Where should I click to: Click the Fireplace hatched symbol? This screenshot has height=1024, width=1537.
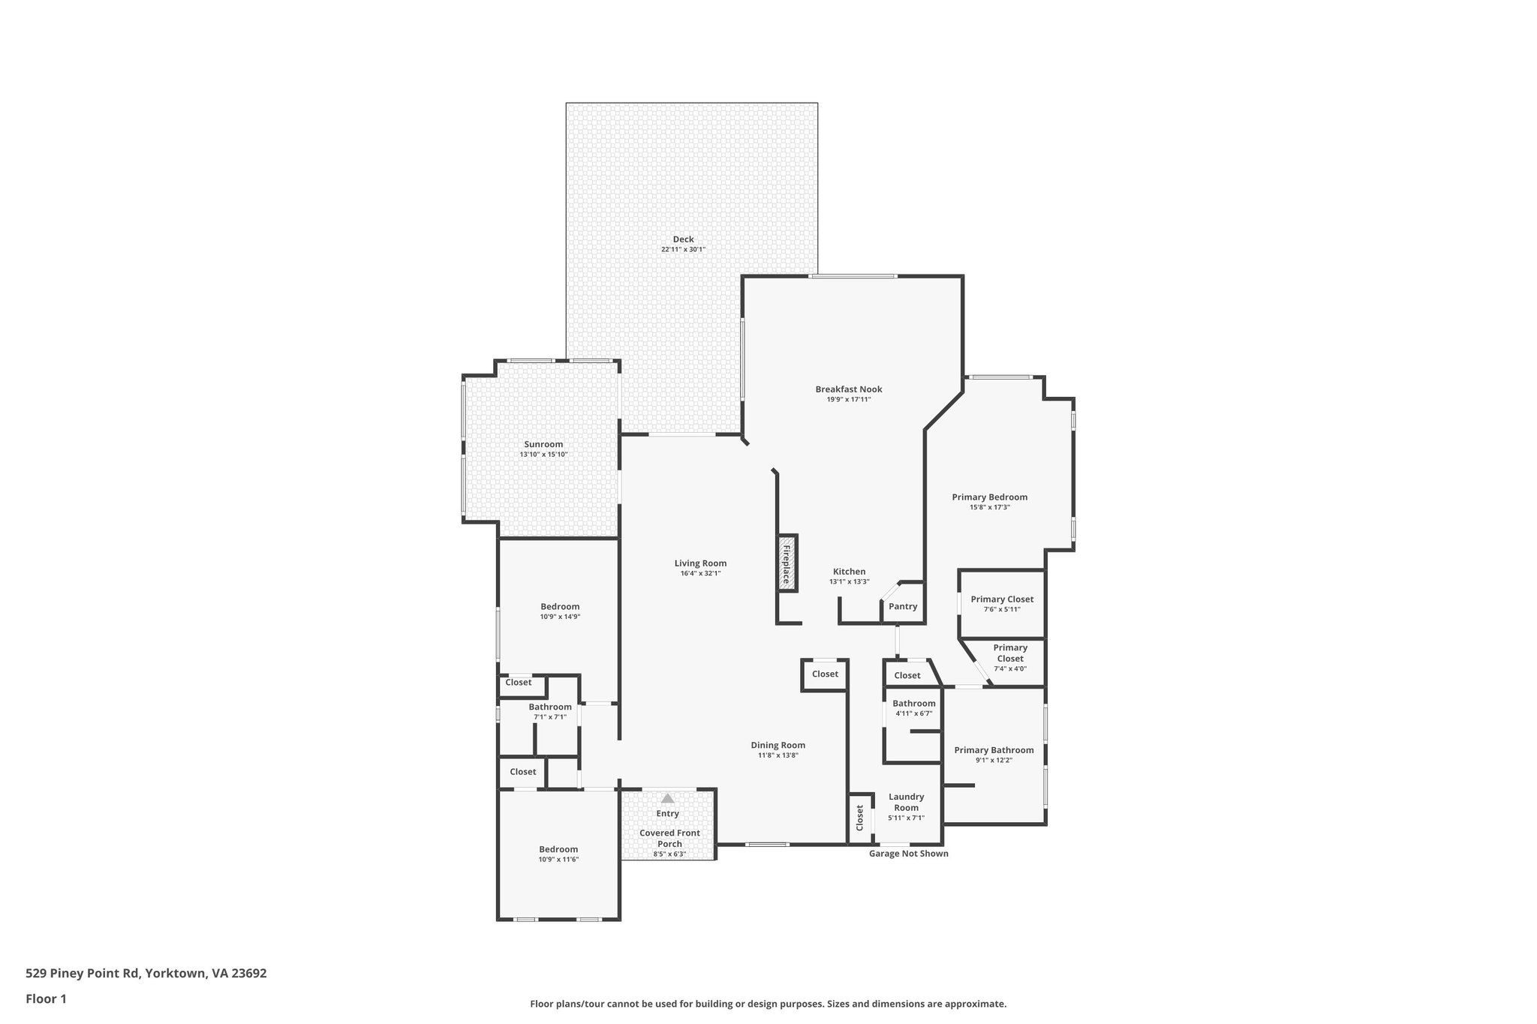coord(787,563)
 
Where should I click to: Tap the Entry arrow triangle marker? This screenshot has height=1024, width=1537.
coord(667,799)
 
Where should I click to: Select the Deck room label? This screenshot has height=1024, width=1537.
coord(683,239)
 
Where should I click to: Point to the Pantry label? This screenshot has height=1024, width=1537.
coord(903,606)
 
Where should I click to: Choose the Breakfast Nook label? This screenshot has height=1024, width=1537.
coord(849,389)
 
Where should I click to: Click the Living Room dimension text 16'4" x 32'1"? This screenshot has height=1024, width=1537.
coord(700,574)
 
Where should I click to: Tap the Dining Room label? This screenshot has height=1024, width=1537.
coord(778,745)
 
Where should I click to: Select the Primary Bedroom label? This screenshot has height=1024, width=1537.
coord(989,497)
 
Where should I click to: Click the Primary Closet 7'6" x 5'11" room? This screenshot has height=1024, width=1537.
coord(1002,604)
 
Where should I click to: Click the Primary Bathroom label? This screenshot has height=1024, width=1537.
coord(994,750)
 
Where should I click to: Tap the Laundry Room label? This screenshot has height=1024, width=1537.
coord(906,802)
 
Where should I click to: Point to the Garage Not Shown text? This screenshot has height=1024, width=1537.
coord(908,854)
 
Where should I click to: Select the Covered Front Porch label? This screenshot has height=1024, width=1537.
coord(669,838)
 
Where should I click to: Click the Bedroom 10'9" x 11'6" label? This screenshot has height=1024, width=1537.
coord(558,849)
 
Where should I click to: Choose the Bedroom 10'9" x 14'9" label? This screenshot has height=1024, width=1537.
coord(560,607)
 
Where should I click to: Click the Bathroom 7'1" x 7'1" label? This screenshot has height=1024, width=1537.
coord(550,707)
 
